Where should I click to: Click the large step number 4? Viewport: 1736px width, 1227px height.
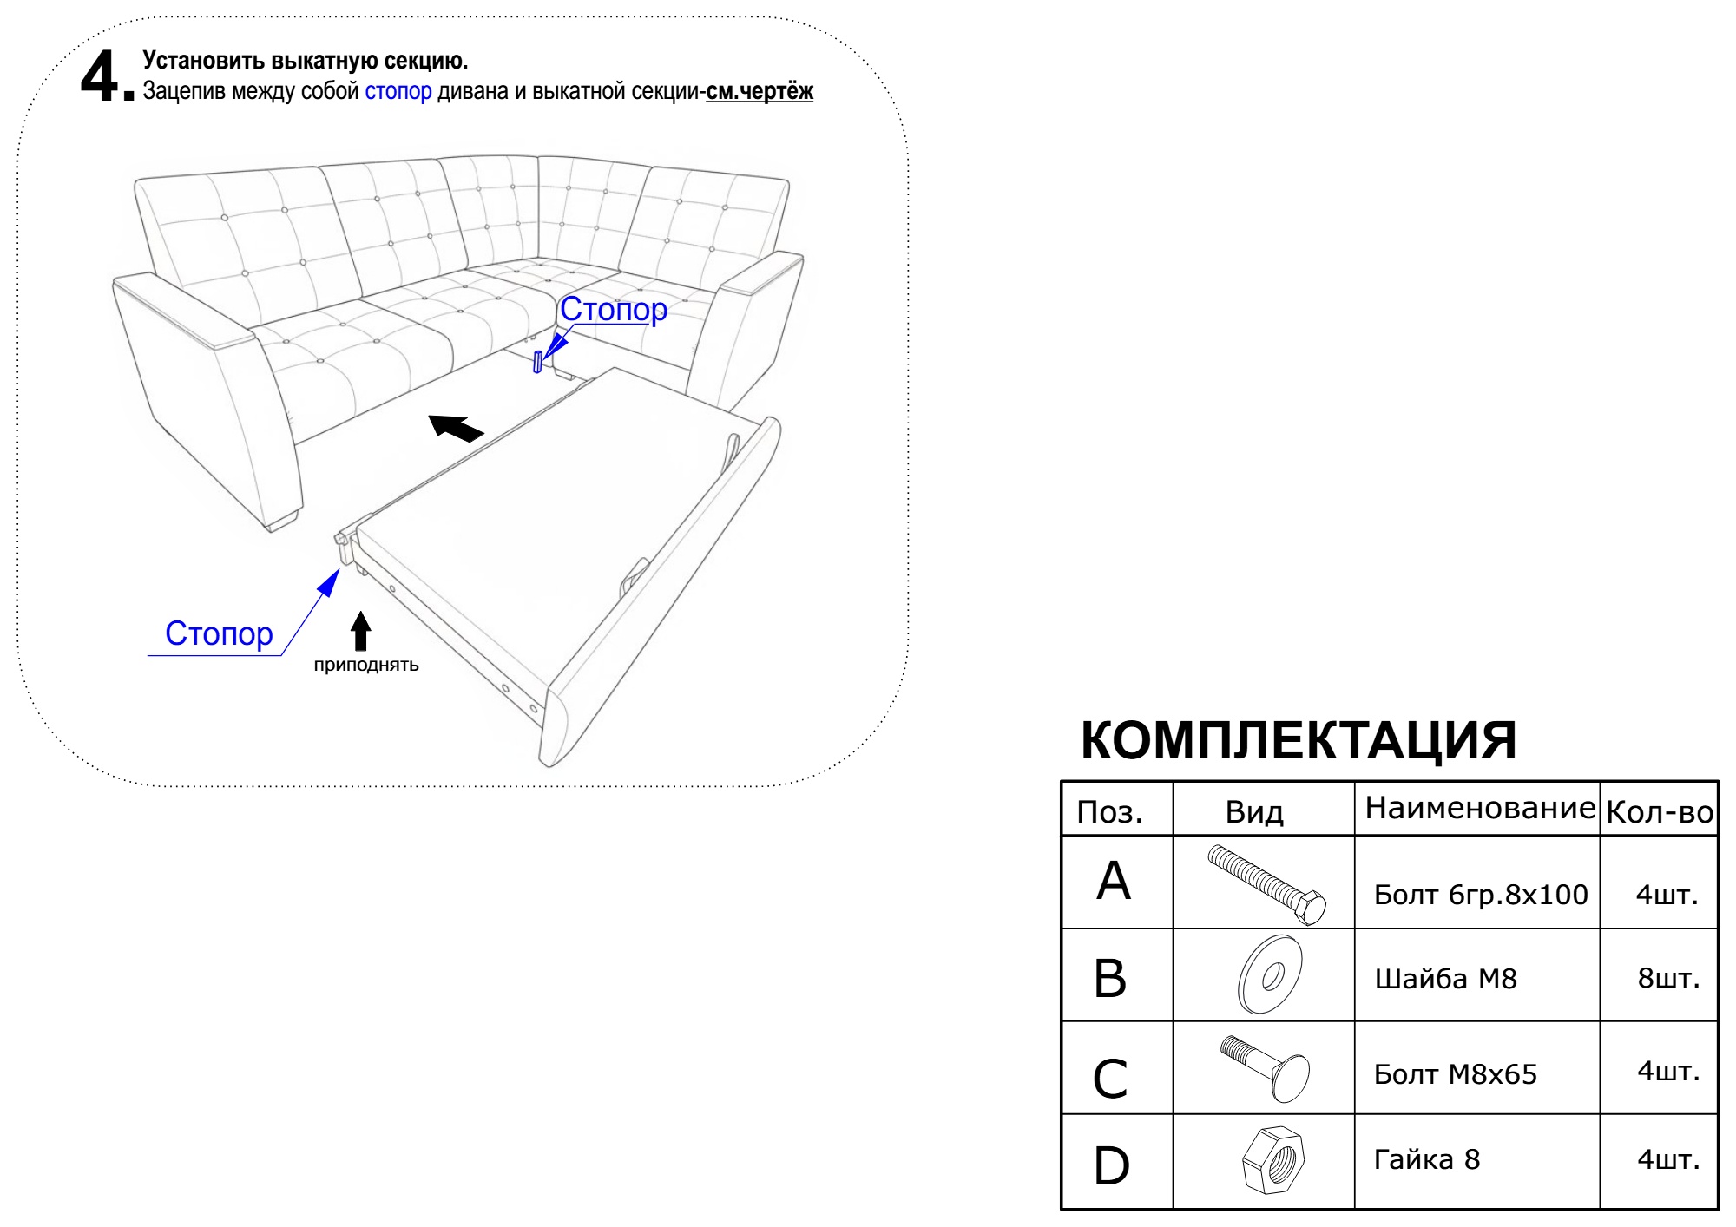(x=101, y=76)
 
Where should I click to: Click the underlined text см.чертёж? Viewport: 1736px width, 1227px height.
(x=759, y=91)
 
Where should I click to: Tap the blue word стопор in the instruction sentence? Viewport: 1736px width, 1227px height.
(x=398, y=91)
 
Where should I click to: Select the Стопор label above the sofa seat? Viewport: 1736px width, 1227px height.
(x=613, y=309)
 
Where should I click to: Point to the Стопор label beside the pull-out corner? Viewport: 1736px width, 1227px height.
(x=219, y=633)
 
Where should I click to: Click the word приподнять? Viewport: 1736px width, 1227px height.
(x=366, y=666)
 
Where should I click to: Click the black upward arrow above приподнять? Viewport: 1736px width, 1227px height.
(x=361, y=631)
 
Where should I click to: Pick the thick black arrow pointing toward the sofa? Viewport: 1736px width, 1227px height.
(x=456, y=427)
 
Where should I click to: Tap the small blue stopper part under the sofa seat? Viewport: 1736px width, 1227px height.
(x=538, y=362)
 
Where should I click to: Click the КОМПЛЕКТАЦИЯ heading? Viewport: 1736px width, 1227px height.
(x=1299, y=740)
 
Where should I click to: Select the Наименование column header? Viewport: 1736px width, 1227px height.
(x=1479, y=808)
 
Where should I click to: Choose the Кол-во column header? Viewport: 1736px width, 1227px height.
(x=1659, y=812)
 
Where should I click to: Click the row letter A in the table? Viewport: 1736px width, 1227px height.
(x=1114, y=882)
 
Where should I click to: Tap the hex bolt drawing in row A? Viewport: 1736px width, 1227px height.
(x=1266, y=884)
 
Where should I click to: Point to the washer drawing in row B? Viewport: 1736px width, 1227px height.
(x=1268, y=975)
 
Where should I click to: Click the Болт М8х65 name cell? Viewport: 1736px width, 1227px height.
(x=1455, y=1074)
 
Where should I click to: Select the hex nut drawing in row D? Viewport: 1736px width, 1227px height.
(x=1273, y=1159)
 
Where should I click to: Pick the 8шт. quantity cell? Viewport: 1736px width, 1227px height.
(x=1667, y=978)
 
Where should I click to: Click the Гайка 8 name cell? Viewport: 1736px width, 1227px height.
(x=1426, y=1159)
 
